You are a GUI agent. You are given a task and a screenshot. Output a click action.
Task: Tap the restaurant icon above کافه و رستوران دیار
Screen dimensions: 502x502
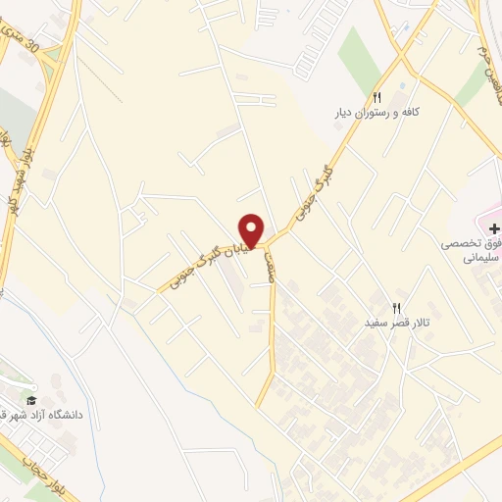pyautogui.click(x=376, y=97)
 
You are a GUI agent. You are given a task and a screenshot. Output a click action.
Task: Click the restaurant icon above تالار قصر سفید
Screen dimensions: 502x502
pyautogui.click(x=397, y=307)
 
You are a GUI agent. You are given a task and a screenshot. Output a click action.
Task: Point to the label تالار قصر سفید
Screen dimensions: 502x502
pyautogui.click(x=399, y=323)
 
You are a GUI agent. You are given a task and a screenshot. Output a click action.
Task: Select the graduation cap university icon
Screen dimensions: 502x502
pyautogui.click(x=31, y=400)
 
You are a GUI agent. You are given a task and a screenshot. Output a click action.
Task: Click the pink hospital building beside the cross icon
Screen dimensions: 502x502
pyautogui.click(x=491, y=210)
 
